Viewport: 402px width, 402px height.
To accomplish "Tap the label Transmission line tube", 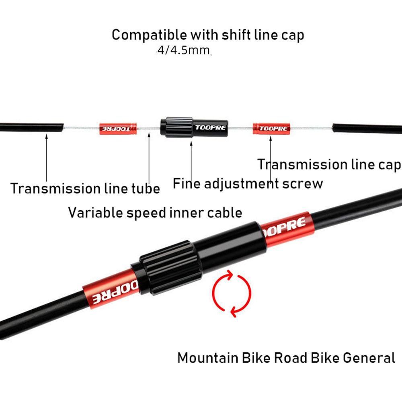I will pyautogui.click(x=85, y=188).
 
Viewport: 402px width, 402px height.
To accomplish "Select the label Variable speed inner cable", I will pyautogui.click(x=155, y=212).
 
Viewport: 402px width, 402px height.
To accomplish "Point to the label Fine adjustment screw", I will pyautogui.click(x=248, y=183).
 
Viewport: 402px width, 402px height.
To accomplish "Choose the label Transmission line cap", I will pyautogui.click(x=329, y=164).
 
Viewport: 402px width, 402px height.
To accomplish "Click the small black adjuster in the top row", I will pyautogui.click(x=194, y=127).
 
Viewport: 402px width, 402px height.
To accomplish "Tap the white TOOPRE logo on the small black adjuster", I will pyautogui.click(x=210, y=128).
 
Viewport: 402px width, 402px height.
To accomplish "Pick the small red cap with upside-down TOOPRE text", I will pyautogui.click(x=118, y=129).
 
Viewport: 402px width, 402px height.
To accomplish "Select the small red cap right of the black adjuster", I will pyautogui.click(x=270, y=129).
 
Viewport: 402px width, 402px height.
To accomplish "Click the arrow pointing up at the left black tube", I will pyautogui.click(x=46, y=157).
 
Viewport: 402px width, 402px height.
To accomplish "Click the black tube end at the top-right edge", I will pyautogui.click(x=367, y=129).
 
